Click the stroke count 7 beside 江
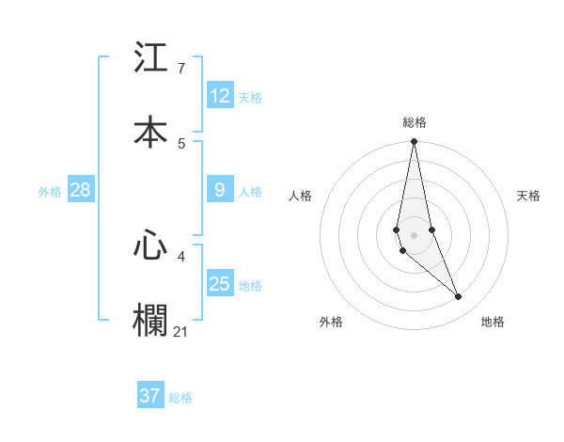click(181, 68)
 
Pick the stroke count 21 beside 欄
click(182, 331)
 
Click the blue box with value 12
click(220, 96)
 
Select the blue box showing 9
click(220, 190)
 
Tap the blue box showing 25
click(220, 284)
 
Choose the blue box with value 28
click(81, 190)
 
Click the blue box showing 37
click(150, 396)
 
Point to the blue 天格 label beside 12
click(250, 97)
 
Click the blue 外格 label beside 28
click(50, 191)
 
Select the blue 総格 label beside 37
click(180, 398)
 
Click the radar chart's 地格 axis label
click(493, 322)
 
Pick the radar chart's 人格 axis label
click(301, 196)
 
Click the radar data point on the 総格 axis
click(415, 142)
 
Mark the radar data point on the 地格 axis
click(459, 296)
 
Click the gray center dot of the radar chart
click(415, 234)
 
